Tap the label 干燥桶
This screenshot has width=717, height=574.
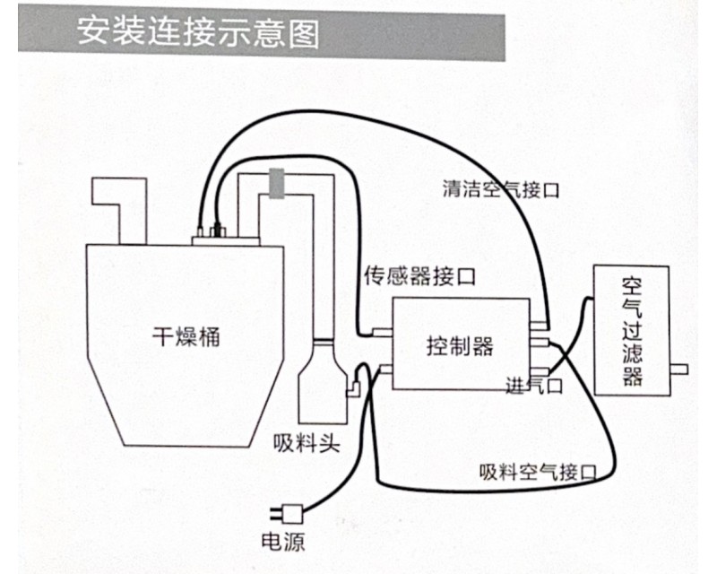click(184, 338)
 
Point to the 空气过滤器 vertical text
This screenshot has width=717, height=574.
click(632, 331)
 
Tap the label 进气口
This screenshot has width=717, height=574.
click(533, 387)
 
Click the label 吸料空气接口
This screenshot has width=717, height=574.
click(539, 471)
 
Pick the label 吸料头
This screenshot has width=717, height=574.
click(307, 442)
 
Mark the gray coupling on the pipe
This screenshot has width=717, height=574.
click(278, 182)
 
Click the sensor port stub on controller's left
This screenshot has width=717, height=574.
click(382, 332)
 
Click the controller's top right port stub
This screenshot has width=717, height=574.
click(537, 326)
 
